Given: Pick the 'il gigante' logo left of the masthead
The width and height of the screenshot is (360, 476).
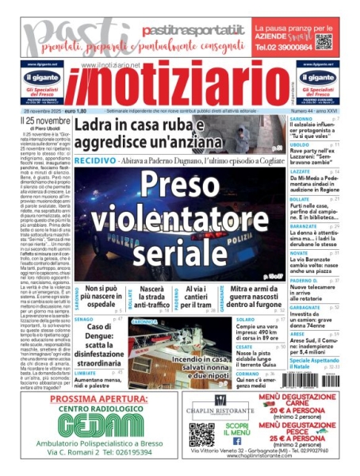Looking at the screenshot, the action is (x=43, y=78).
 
